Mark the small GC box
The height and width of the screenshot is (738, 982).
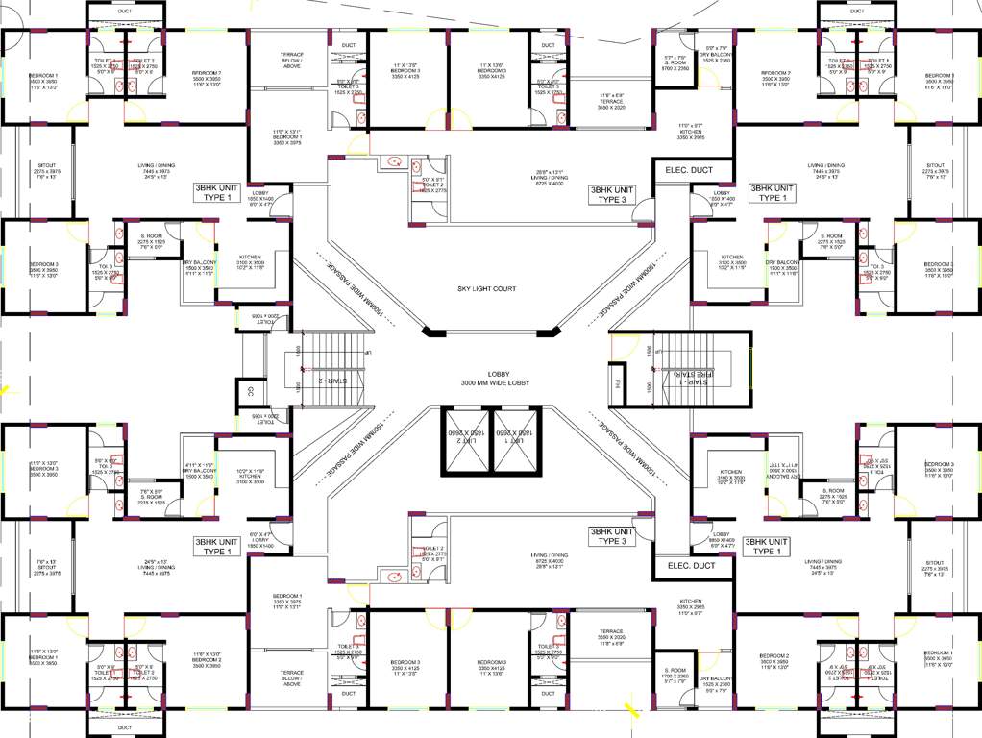(x=250, y=390)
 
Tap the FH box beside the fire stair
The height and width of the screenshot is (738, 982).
(x=619, y=387)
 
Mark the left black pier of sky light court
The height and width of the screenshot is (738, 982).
(x=434, y=332)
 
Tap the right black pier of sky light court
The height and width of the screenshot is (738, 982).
(x=549, y=332)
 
